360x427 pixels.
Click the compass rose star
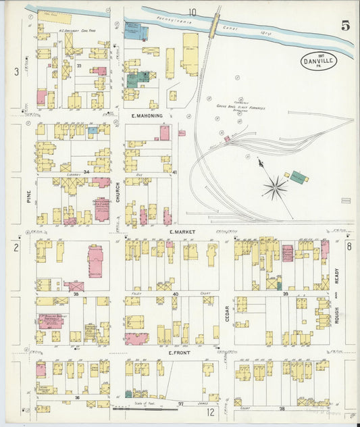click(275, 187)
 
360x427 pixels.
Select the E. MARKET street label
click(182, 232)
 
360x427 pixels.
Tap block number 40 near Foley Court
click(175, 294)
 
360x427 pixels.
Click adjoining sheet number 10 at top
click(192, 11)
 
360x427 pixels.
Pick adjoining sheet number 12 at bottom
click(211, 411)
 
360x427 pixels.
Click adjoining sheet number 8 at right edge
click(349, 247)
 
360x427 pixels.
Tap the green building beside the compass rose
click(298, 177)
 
